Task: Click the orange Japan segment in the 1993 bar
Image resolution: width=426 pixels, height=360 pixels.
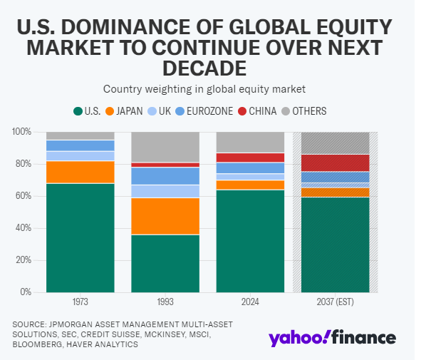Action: (x=165, y=216)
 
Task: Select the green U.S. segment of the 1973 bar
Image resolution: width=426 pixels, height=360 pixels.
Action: (x=80, y=238)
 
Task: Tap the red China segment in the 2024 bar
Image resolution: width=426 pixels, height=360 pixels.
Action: (x=250, y=158)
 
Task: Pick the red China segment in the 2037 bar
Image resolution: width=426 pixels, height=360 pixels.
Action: (x=336, y=163)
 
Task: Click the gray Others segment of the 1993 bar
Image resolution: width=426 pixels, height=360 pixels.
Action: (x=165, y=148)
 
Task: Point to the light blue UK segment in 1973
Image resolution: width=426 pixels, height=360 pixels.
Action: (x=80, y=156)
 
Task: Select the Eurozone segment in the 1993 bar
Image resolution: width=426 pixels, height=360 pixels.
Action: (x=165, y=176)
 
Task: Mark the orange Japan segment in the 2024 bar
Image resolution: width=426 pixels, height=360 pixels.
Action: (x=250, y=185)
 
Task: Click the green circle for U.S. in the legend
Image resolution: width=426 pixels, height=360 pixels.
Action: (x=78, y=111)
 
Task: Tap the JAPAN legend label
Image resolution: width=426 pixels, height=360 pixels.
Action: (x=130, y=111)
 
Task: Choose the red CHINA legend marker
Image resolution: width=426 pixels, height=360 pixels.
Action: (x=242, y=111)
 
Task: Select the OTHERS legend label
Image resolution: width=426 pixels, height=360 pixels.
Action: (x=309, y=111)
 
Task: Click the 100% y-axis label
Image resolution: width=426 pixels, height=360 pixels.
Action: (x=22, y=132)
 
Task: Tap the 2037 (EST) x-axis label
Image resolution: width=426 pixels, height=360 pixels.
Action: (x=336, y=302)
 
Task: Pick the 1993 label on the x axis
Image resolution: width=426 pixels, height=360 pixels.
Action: (x=165, y=302)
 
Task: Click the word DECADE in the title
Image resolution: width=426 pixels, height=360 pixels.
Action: (x=204, y=68)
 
